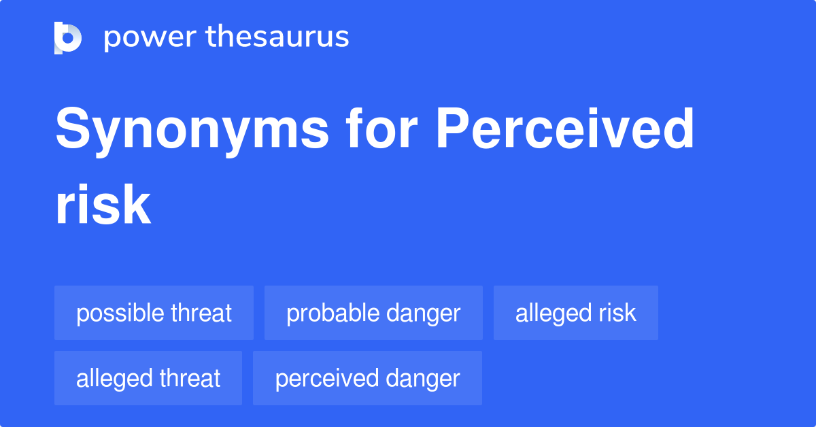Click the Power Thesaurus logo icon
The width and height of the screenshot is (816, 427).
pos(68,37)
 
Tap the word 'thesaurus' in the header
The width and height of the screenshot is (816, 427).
pos(277,37)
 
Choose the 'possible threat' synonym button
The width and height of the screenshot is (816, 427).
pos(154,313)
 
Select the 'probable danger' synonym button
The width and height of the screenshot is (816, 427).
pos(373,313)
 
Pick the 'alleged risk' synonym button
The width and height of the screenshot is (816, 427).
pos(576,313)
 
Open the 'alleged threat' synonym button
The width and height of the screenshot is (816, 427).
pos(148,378)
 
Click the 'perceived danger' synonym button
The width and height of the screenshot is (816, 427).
pos(367,378)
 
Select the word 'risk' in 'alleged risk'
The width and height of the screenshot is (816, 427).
pos(617,313)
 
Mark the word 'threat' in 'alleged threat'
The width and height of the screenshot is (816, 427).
pos(190,378)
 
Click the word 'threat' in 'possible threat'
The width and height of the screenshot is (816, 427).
pos(201,313)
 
